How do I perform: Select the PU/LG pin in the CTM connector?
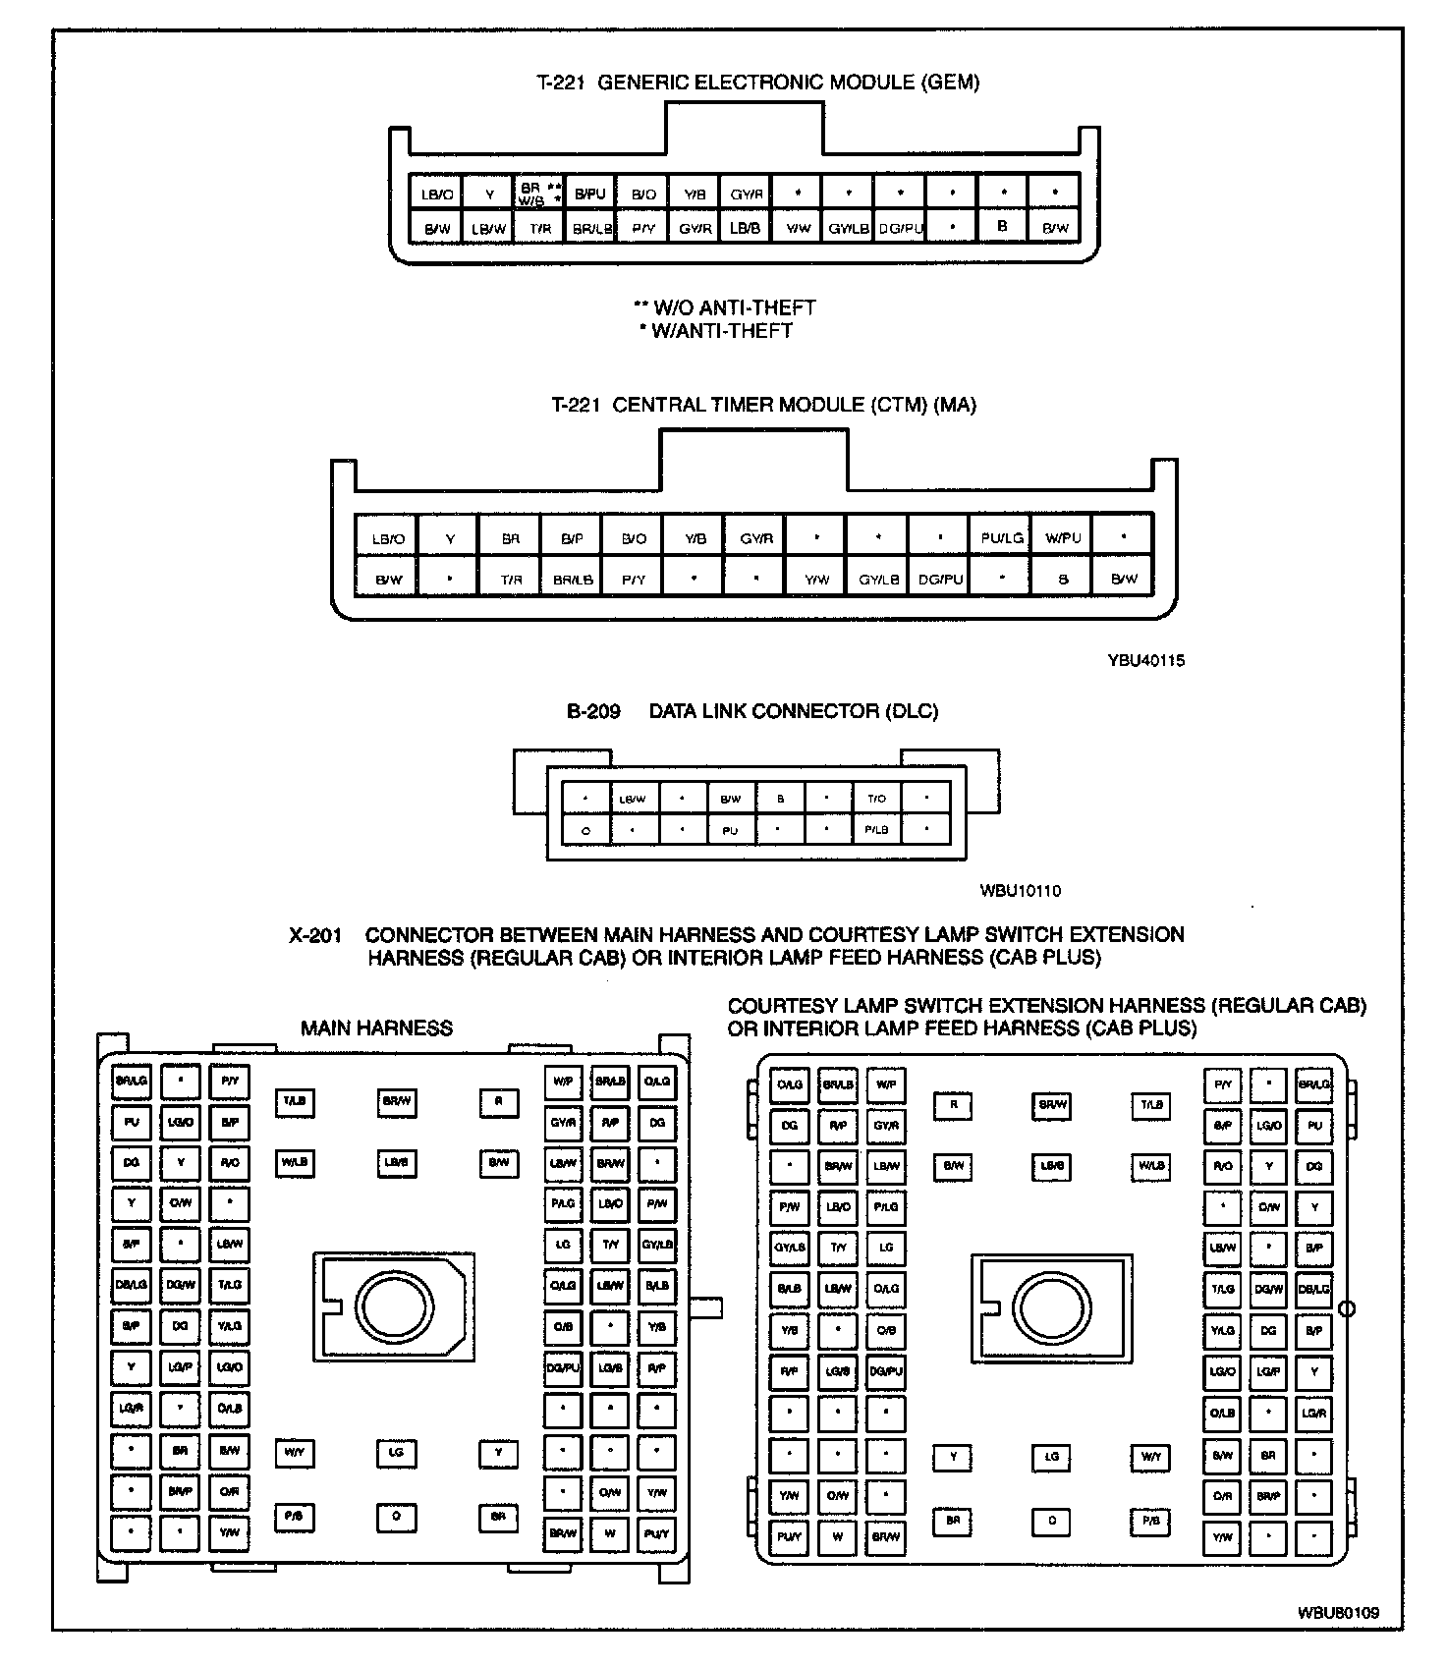click(1001, 537)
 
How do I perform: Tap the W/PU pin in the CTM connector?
click(1062, 537)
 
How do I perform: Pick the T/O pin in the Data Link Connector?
click(876, 799)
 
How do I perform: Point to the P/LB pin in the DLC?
click(876, 830)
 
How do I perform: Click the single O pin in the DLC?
click(585, 831)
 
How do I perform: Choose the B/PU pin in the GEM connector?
click(590, 194)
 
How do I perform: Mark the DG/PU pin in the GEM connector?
click(901, 229)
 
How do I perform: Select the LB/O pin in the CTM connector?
click(388, 538)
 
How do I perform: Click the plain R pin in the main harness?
click(499, 1102)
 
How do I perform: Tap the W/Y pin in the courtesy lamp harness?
click(1150, 1457)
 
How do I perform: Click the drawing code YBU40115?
click(1146, 660)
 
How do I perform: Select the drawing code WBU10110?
click(1020, 891)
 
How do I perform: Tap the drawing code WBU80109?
click(1338, 1613)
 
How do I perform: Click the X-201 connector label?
click(315, 935)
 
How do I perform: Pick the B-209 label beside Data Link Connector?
click(593, 711)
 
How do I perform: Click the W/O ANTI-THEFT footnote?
click(725, 307)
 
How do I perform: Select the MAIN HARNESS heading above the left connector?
click(376, 1028)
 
